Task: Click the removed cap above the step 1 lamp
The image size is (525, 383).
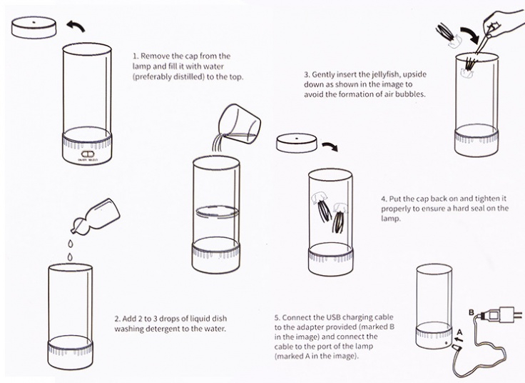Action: (x=34, y=27)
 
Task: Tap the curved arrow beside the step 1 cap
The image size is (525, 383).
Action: (x=76, y=26)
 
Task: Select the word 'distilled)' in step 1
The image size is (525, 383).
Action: (x=188, y=76)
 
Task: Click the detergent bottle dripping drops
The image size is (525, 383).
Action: (x=96, y=216)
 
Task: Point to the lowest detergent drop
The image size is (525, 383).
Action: (x=70, y=257)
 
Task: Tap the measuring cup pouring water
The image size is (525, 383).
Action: (x=239, y=124)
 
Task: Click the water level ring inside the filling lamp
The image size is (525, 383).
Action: (x=217, y=212)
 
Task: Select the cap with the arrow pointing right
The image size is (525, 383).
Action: (x=297, y=143)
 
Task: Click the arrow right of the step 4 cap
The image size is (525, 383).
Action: (x=330, y=146)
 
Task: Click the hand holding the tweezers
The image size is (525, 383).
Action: (x=503, y=22)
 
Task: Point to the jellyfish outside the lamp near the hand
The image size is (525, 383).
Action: (x=449, y=35)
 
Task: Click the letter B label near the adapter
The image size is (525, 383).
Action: (x=471, y=312)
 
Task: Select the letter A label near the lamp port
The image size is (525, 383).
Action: (x=459, y=332)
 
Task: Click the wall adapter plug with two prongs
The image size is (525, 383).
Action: (x=501, y=314)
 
